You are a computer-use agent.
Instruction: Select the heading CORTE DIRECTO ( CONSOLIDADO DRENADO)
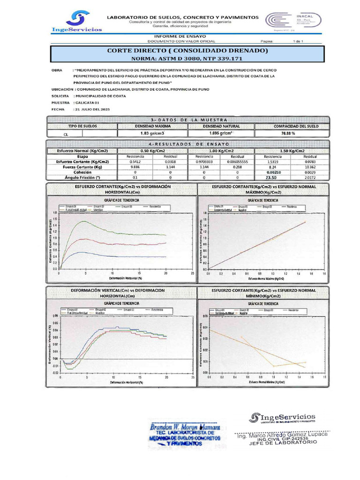[180, 50]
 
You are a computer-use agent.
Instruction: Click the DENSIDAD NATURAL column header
[221, 127]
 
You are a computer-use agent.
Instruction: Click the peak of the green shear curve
[83, 221]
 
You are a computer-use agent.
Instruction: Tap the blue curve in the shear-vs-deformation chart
[117, 256]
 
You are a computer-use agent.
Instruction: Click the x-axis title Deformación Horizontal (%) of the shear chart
[125, 278]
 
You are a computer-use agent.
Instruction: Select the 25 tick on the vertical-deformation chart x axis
[193, 377]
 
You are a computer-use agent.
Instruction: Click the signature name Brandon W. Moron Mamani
[187, 427]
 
